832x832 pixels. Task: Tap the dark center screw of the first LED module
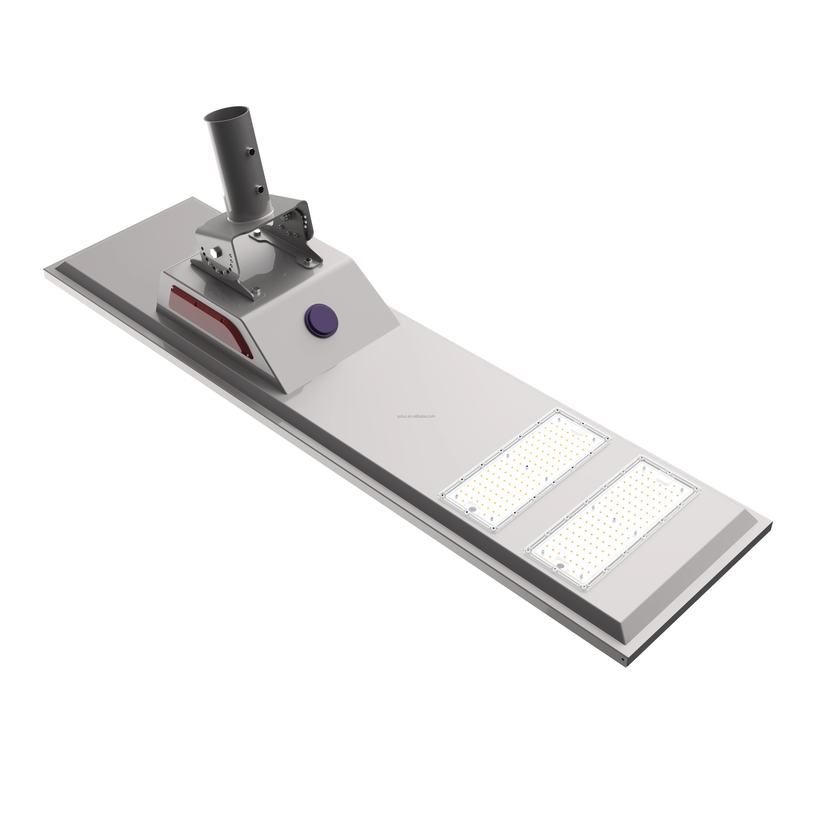click(526, 467)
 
